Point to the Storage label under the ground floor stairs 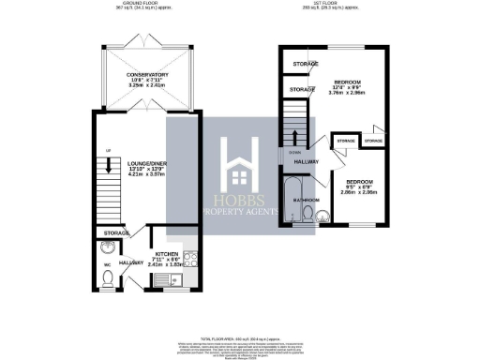116,232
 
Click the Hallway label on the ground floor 130,264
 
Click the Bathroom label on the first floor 306,200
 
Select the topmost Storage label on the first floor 304,64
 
